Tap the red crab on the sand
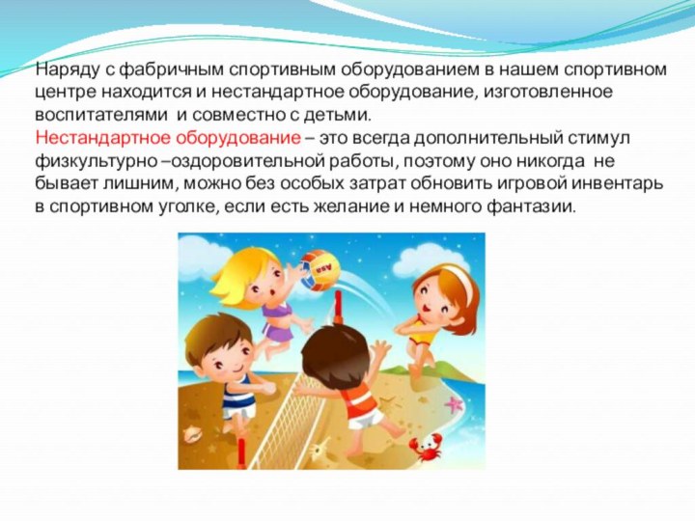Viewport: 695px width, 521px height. pyautogui.click(x=425, y=447)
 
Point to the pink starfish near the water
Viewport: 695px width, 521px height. pyautogui.click(x=454, y=404)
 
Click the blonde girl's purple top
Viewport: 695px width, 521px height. pyautogui.click(x=276, y=318)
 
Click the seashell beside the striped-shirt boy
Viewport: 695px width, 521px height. pyautogui.click(x=192, y=433)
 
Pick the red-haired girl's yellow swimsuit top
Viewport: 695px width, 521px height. pyautogui.click(x=424, y=338)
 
